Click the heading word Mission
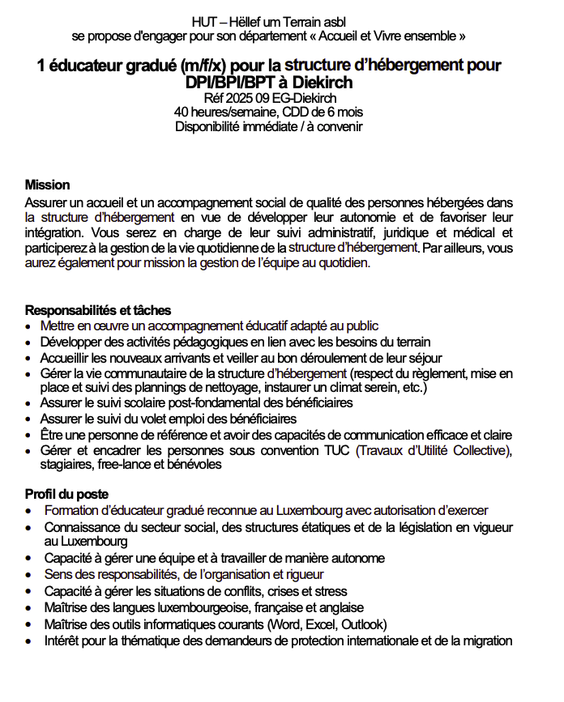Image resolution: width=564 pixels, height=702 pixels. click(x=47, y=185)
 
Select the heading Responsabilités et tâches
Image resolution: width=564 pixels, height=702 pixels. click(x=98, y=311)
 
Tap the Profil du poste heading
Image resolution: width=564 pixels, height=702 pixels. click(x=66, y=494)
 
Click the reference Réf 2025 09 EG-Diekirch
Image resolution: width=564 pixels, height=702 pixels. click(x=268, y=98)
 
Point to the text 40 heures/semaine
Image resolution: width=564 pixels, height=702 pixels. click(x=222, y=112)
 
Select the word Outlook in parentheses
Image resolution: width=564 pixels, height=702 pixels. click(x=363, y=624)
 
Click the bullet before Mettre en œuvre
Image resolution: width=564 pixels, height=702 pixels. click(x=29, y=326)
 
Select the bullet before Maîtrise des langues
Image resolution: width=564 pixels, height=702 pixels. click(x=29, y=608)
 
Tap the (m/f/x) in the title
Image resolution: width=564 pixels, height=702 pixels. click(x=212, y=65)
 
